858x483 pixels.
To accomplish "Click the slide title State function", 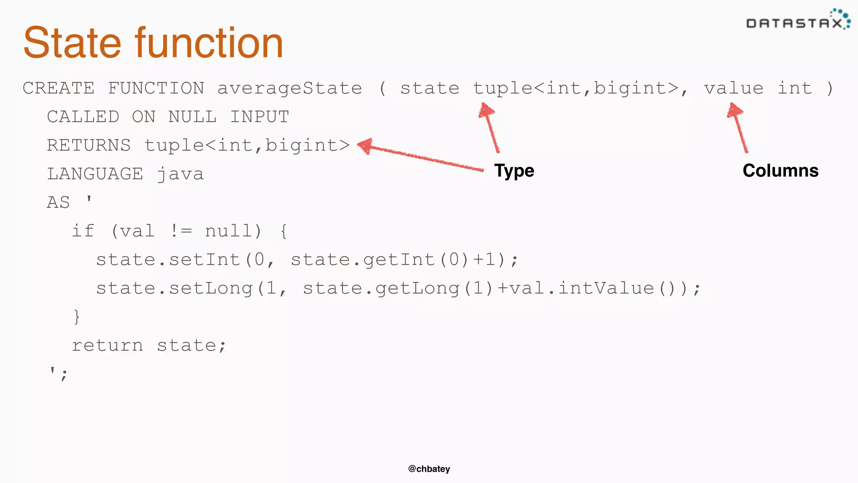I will (x=153, y=43).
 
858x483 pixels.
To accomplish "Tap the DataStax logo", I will (x=798, y=20).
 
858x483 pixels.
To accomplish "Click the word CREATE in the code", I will (x=59, y=88).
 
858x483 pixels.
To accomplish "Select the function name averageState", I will (x=289, y=88).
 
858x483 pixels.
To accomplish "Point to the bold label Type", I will (x=514, y=171).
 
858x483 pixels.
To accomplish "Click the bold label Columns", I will (x=780, y=171).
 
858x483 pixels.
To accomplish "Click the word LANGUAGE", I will (x=95, y=174).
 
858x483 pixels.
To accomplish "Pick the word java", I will (x=181, y=174).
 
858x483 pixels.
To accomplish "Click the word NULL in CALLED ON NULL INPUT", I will (x=192, y=117).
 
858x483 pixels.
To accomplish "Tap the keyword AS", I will (x=58, y=203).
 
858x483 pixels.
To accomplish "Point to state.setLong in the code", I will (x=174, y=288).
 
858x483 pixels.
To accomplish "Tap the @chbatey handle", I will (x=429, y=469).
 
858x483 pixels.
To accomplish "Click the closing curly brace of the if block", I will (x=76, y=317).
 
